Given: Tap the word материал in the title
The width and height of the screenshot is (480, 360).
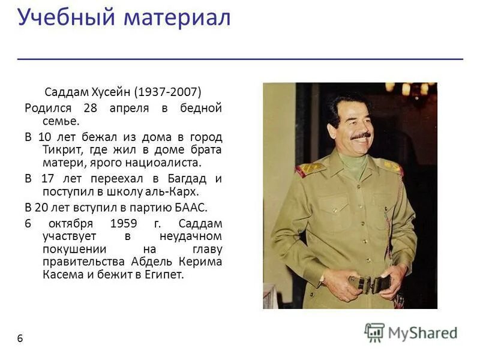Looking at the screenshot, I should point(178,17).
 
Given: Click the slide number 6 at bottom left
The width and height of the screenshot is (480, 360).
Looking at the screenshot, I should point(20,338).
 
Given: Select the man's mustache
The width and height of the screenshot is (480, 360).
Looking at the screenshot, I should point(361,137).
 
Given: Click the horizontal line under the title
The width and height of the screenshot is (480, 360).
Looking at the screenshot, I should point(240,59).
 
